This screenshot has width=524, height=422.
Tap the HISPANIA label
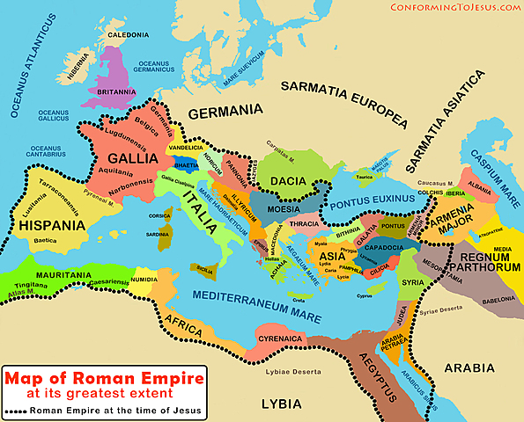50,224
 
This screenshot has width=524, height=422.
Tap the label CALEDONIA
128,35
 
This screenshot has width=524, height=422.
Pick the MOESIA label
283,211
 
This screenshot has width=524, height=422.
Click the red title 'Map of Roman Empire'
105,378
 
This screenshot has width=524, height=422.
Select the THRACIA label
304,224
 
